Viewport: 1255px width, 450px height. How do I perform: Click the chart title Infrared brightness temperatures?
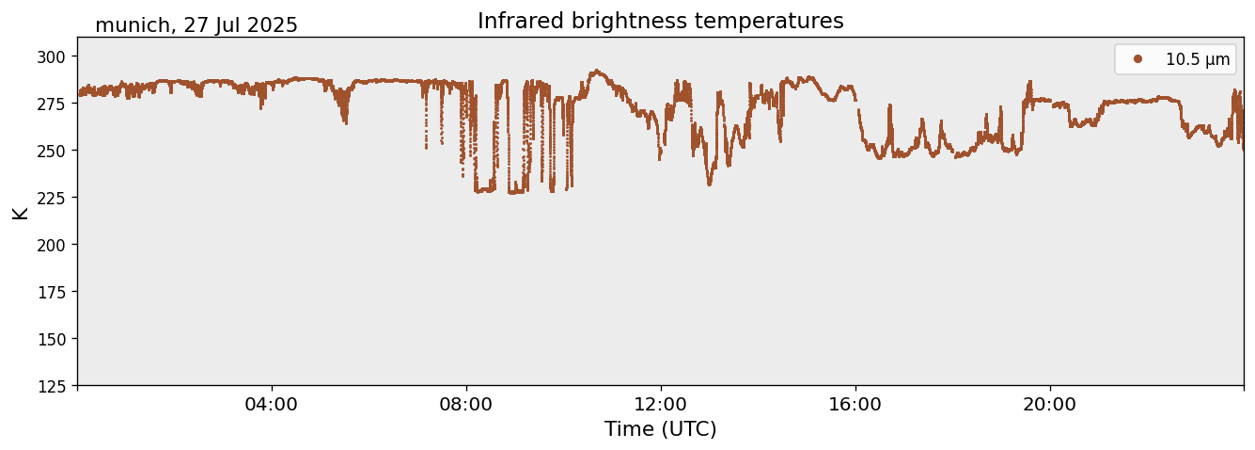tap(660, 21)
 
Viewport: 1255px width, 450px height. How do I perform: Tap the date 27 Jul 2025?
tap(241, 25)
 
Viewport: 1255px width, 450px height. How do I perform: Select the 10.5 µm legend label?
tap(1197, 59)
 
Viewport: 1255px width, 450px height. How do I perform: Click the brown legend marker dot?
tap(1137, 59)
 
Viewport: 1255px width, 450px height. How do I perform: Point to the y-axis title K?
tap(20, 212)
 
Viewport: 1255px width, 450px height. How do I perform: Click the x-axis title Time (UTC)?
tap(660, 429)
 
